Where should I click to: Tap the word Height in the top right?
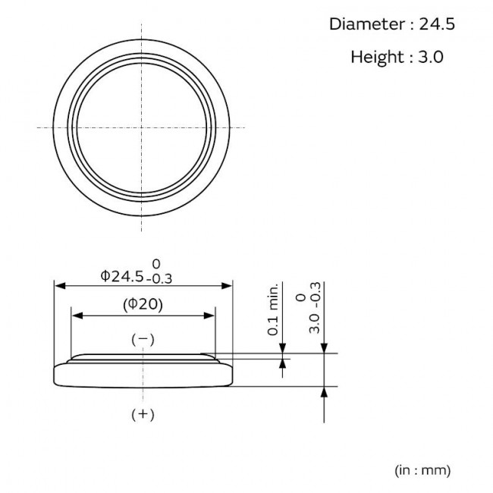[x=376, y=57]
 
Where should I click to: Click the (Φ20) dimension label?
[x=143, y=305]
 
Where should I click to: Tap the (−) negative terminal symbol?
[x=143, y=339]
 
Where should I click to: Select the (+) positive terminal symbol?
[x=143, y=414]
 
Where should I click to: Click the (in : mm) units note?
[x=422, y=470]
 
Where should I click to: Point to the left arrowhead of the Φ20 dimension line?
[x=76, y=316]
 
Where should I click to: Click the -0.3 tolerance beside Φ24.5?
[x=159, y=278]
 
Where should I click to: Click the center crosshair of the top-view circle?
[x=143, y=126]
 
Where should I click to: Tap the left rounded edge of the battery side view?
[x=55, y=376]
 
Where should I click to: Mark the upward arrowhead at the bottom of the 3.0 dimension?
[x=325, y=391]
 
